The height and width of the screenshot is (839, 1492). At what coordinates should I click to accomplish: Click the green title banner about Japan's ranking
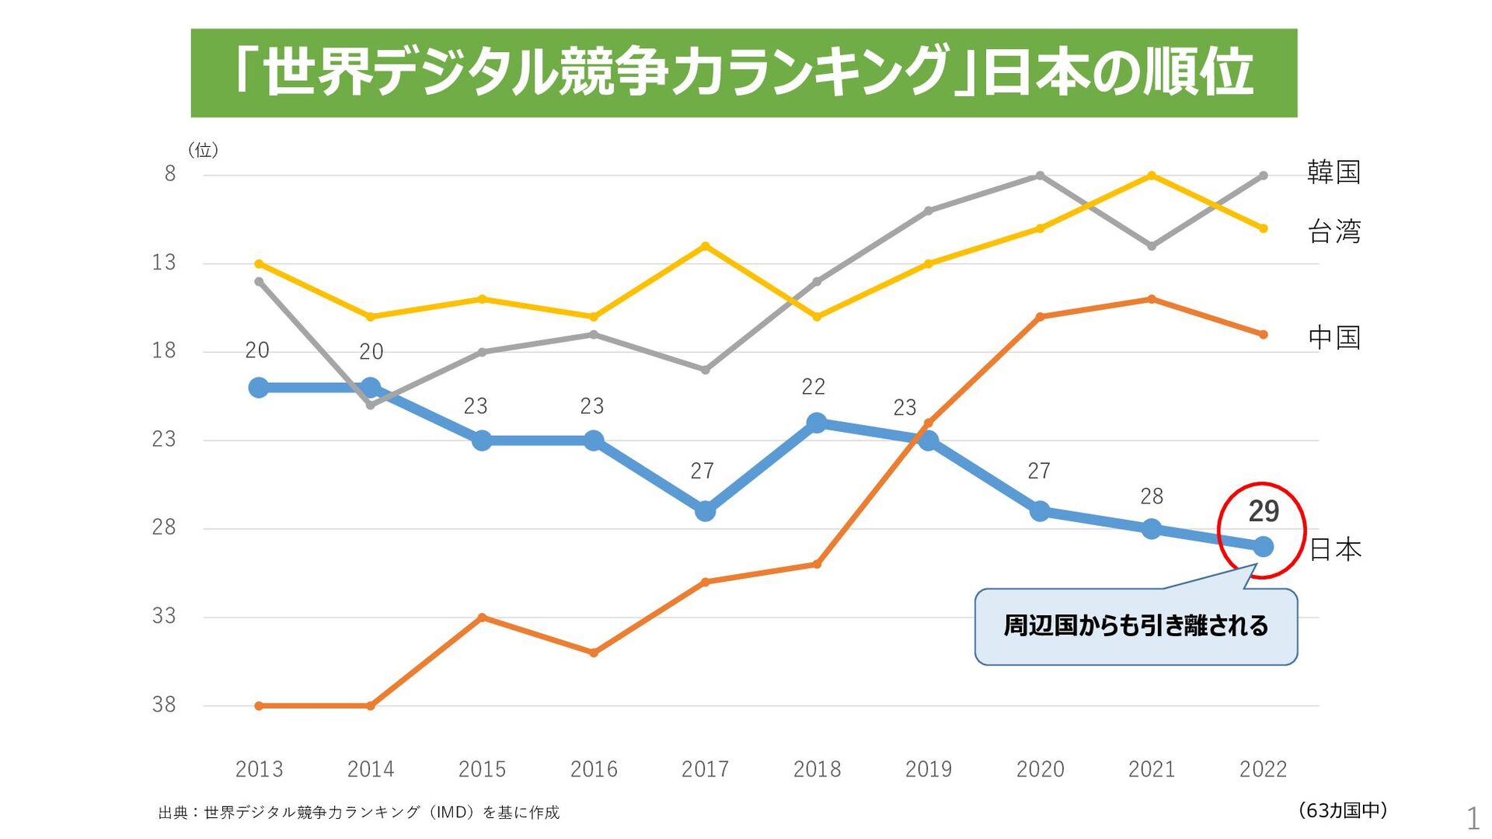click(x=744, y=73)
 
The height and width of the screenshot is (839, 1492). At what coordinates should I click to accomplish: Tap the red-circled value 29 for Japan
click(x=1264, y=511)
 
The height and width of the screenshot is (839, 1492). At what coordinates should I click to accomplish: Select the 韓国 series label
click(x=1333, y=172)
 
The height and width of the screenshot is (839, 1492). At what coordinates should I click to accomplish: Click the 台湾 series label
click(x=1334, y=232)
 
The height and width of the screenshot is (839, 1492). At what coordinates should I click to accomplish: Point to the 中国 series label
click(x=1334, y=337)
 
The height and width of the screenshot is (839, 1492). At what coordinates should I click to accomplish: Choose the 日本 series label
click(x=1335, y=549)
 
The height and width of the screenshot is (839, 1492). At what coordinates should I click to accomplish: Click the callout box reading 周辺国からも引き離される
click(x=1135, y=626)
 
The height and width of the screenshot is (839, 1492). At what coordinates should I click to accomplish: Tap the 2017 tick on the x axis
click(x=705, y=769)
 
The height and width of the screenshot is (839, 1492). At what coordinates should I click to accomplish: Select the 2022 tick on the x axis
click(x=1263, y=769)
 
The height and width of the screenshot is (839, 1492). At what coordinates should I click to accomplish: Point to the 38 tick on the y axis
click(x=164, y=705)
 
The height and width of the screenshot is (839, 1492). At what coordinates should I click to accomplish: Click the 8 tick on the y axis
click(x=170, y=173)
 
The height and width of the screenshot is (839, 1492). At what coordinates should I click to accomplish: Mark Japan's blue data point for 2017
click(x=705, y=511)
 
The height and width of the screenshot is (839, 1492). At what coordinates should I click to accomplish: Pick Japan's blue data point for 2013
click(x=259, y=388)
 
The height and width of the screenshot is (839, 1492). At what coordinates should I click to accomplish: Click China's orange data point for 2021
click(x=1152, y=299)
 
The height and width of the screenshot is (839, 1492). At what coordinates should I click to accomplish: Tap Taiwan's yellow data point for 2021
click(x=1152, y=176)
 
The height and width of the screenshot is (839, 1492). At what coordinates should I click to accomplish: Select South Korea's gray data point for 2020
click(x=1040, y=176)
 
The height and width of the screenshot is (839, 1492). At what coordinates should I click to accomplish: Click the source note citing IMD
click(x=358, y=813)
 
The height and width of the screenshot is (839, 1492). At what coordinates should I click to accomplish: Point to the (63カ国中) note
click(x=1343, y=810)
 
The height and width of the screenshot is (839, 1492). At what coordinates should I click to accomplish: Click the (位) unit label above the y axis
click(x=203, y=150)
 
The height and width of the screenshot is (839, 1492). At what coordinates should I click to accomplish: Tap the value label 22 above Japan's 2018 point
click(x=814, y=387)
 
